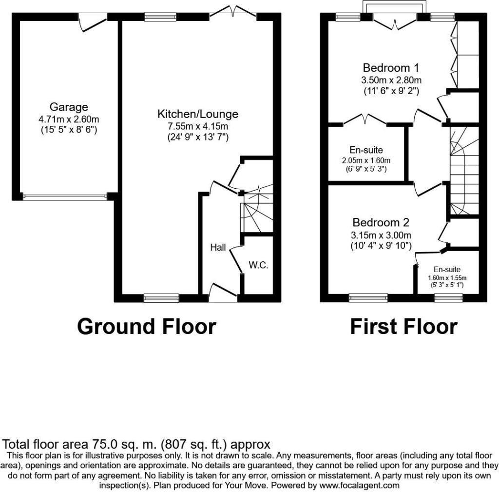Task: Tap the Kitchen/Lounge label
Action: click(x=197, y=114)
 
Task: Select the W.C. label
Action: click(x=258, y=266)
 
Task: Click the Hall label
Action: click(x=218, y=248)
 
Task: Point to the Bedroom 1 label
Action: click(x=391, y=68)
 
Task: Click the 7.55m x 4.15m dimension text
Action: click(x=198, y=126)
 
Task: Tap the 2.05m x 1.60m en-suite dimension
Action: click(x=366, y=160)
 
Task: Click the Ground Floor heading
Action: click(x=146, y=327)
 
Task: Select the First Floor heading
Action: click(x=403, y=327)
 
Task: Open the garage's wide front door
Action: click(x=64, y=197)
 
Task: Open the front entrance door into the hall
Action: click(x=223, y=293)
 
